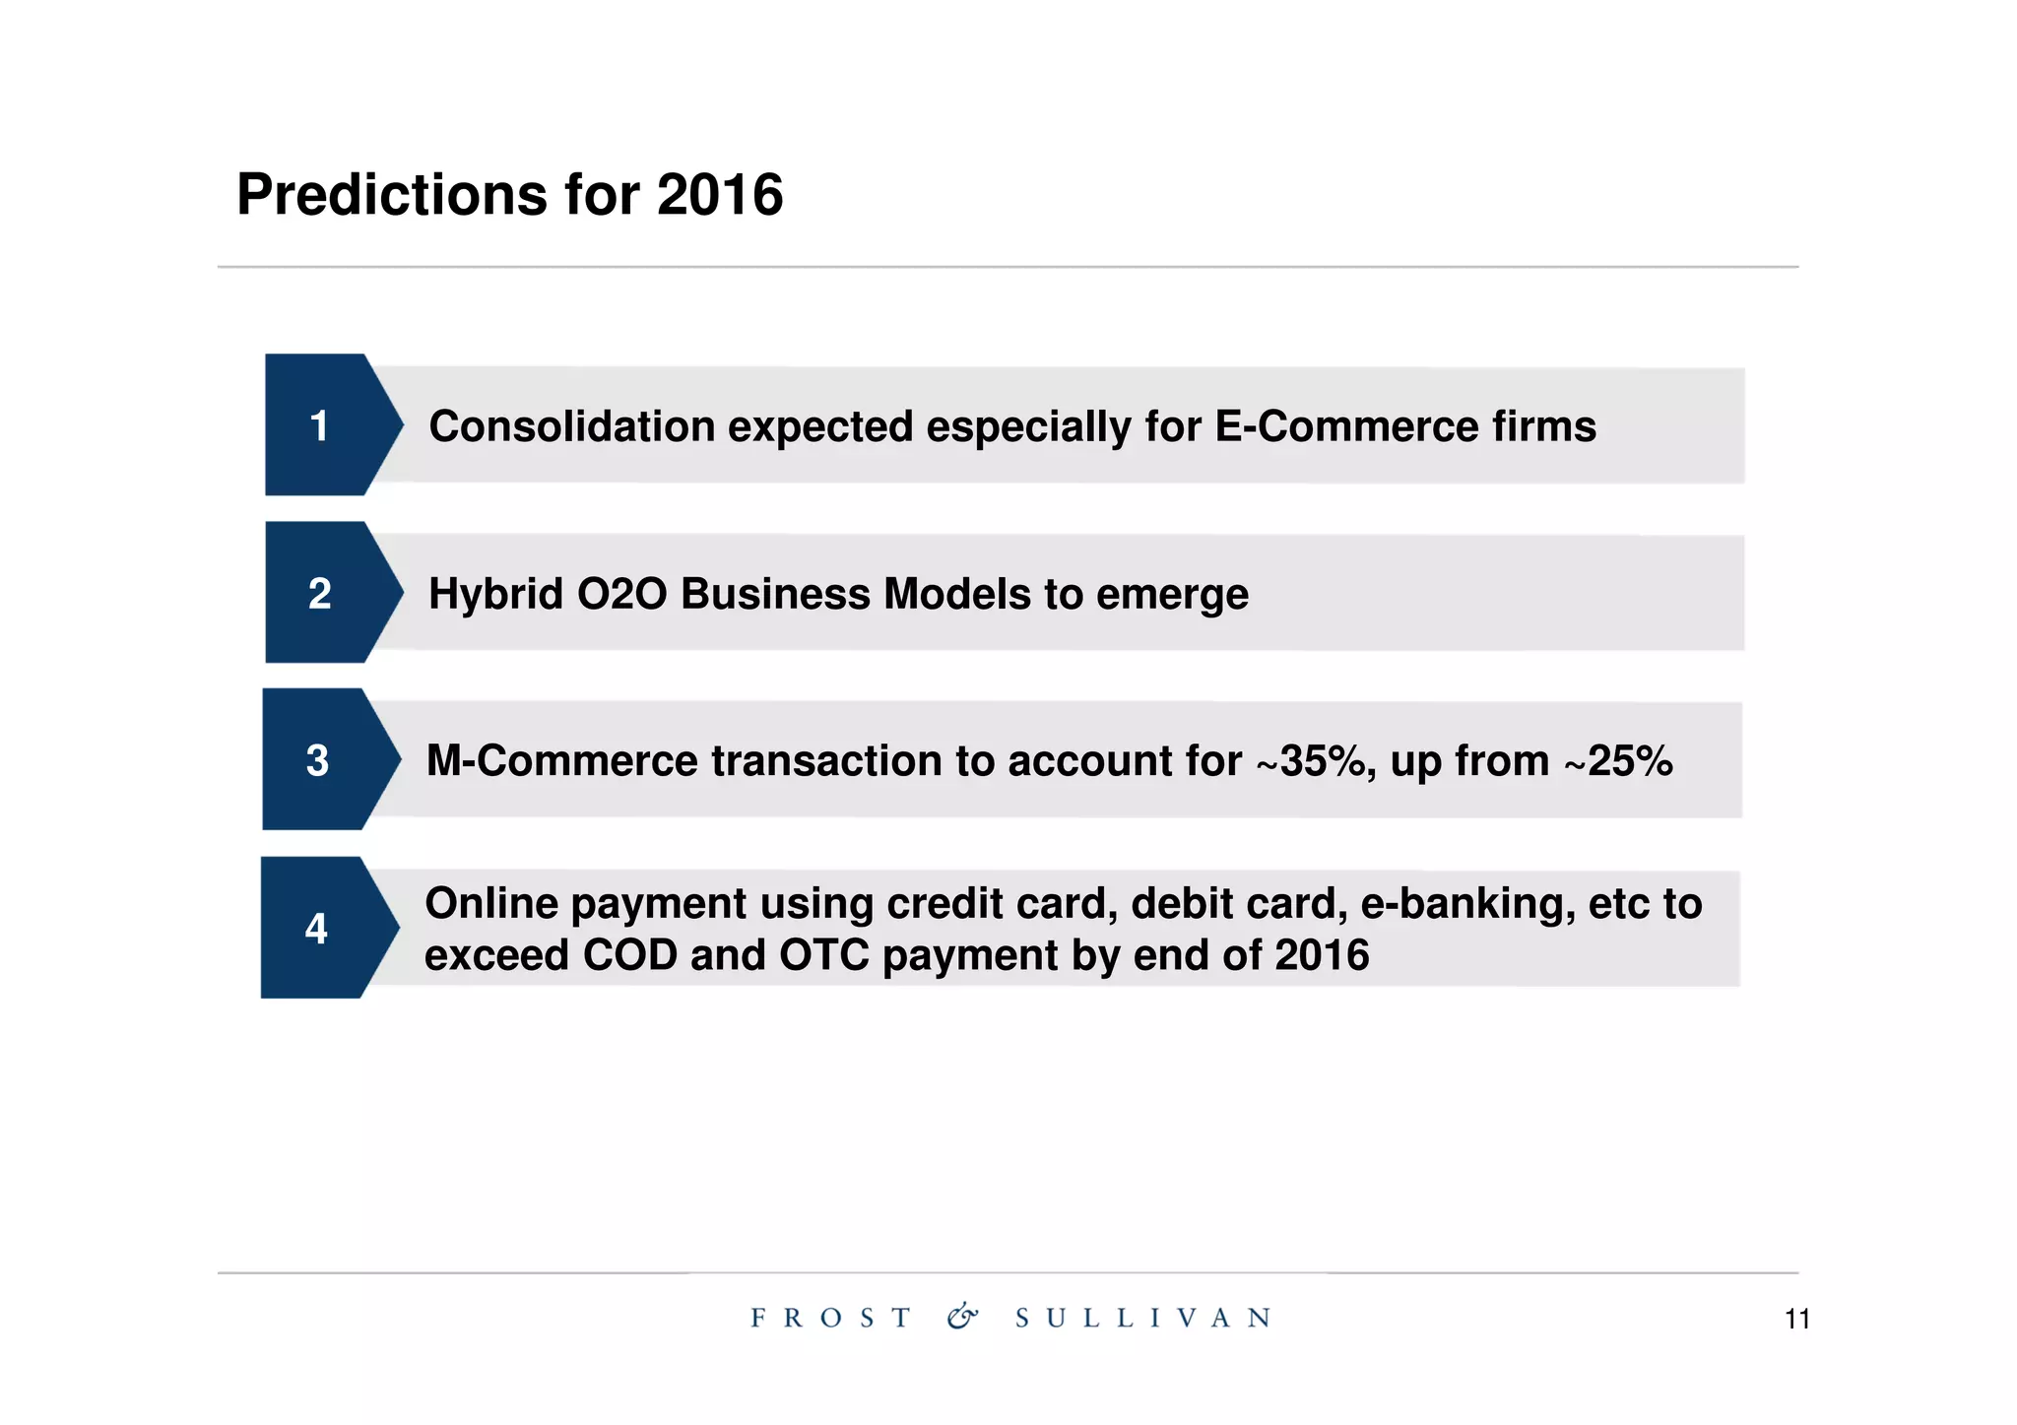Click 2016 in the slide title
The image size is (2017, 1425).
719,194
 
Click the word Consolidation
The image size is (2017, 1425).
572,426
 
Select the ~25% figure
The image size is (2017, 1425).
1618,761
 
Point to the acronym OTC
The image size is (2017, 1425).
824,955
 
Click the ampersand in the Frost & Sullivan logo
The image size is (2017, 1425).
962,1317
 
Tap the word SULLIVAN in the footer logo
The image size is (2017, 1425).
1143,1318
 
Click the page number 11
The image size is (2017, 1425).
1796,1320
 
